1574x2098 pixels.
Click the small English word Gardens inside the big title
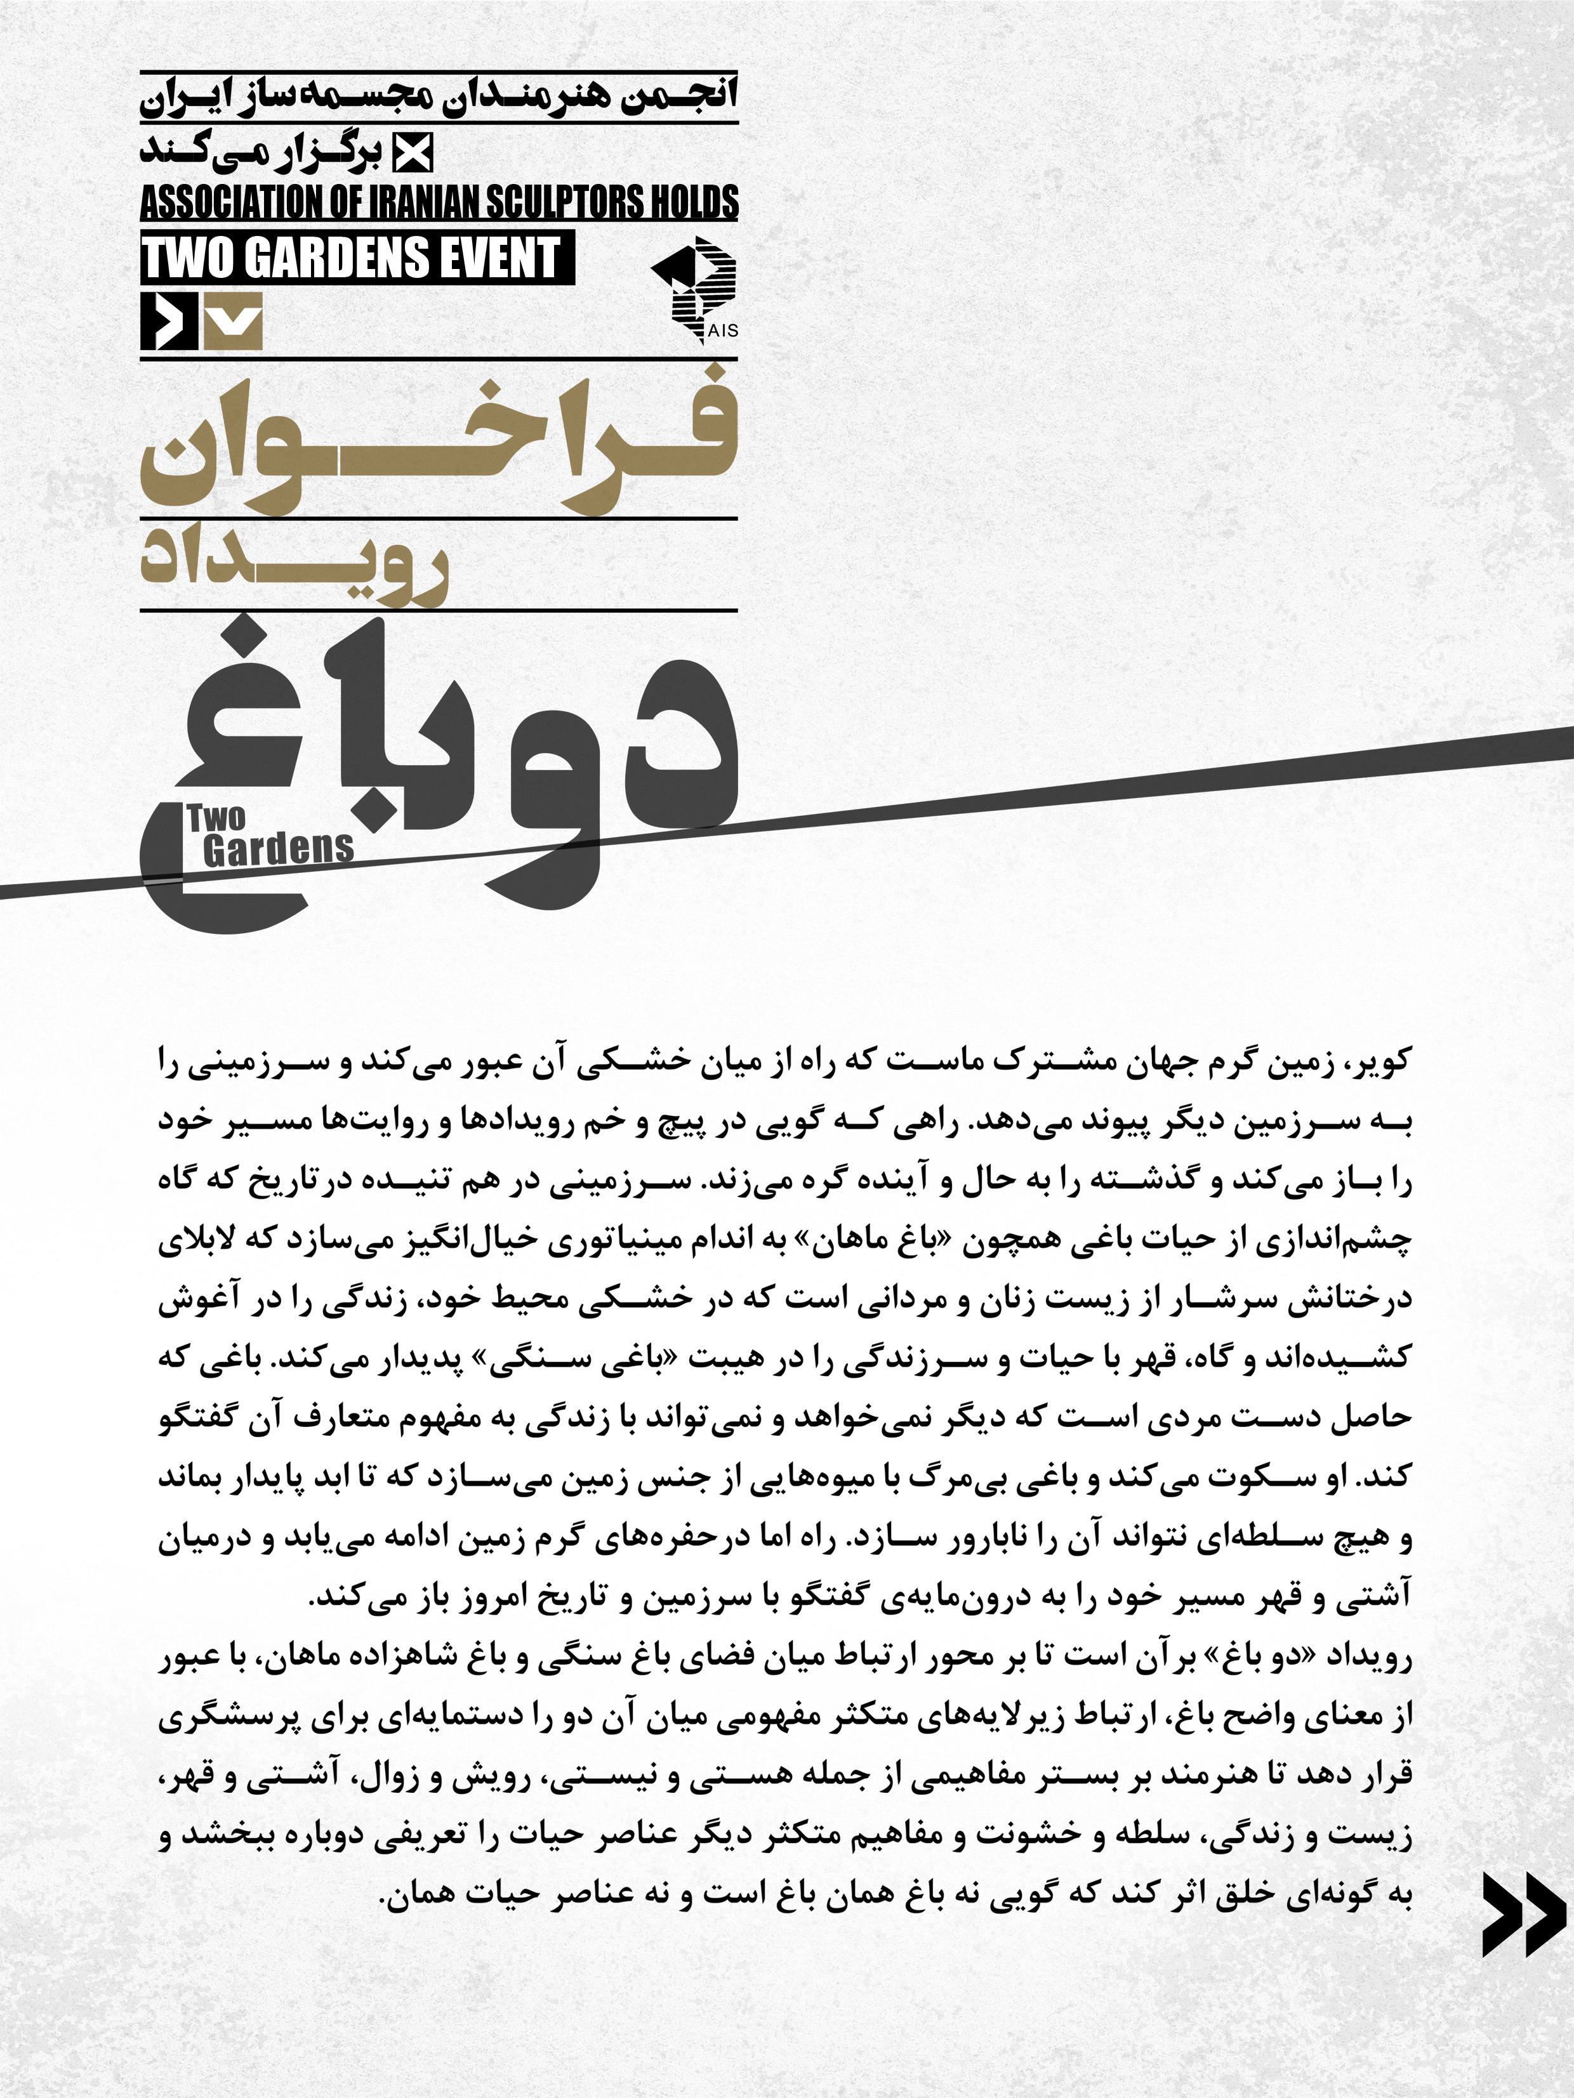(x=277, y=849)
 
